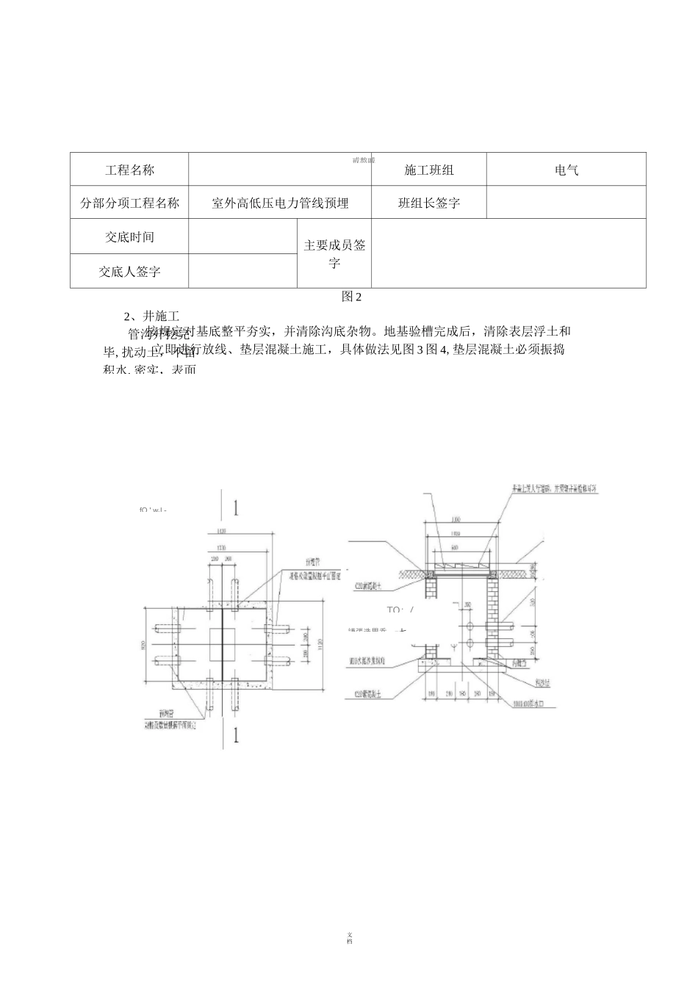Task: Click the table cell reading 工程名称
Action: pos(129,170)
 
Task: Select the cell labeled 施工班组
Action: pos(429,170)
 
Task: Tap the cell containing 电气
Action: pos(566,170)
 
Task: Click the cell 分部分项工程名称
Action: pos(129,203)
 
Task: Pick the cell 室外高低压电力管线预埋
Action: pos(280,203)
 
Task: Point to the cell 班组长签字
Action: pos(429,203)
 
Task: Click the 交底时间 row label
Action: pos(129,236)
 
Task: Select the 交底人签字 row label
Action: pos(129,271)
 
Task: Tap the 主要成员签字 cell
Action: pos(334,253)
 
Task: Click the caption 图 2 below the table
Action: pos(352,297)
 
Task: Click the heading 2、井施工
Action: pos(151,316)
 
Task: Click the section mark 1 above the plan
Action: pos(235,507)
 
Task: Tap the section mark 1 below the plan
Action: pos(235,736)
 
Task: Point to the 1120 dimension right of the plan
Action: pos(320,644)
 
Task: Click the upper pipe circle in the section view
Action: pos(469,625)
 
